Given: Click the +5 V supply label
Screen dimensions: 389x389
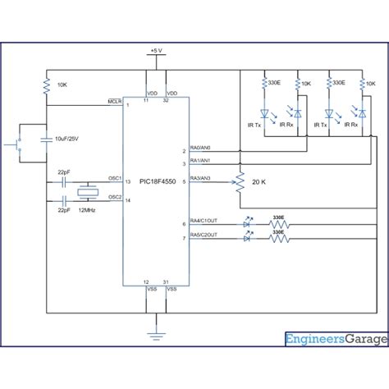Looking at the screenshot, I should coord(157,51).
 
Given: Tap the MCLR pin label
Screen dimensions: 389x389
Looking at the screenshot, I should coord(115,103).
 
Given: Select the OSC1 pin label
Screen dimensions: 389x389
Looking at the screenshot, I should coord(115,178).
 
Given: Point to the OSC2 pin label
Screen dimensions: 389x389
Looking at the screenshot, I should coord(115,197).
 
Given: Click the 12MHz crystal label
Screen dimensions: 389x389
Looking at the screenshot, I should coord(86,212).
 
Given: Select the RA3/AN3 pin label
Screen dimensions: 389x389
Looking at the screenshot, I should coord(200,178).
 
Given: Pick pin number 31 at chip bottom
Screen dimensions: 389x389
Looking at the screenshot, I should coord(167,281).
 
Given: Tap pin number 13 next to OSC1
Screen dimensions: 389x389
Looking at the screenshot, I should coord(128,182).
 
